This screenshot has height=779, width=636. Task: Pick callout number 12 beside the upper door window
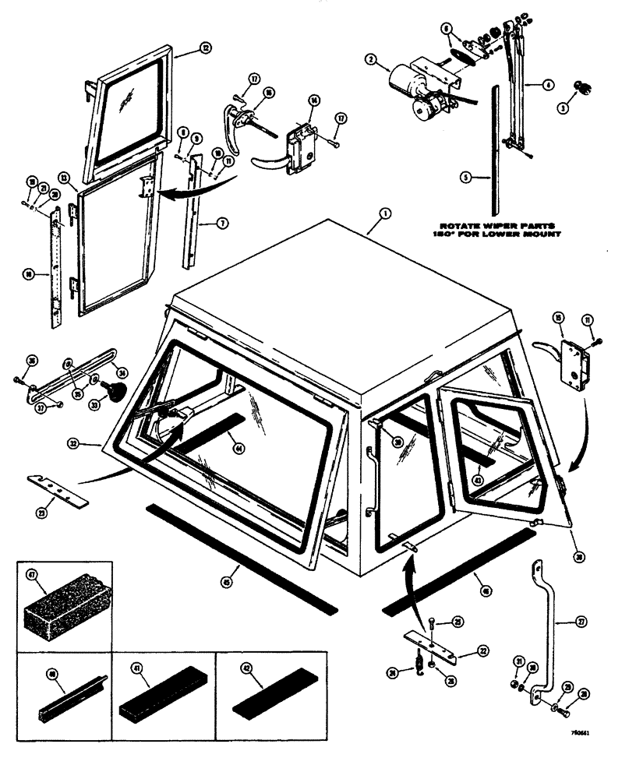coord(205,48)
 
